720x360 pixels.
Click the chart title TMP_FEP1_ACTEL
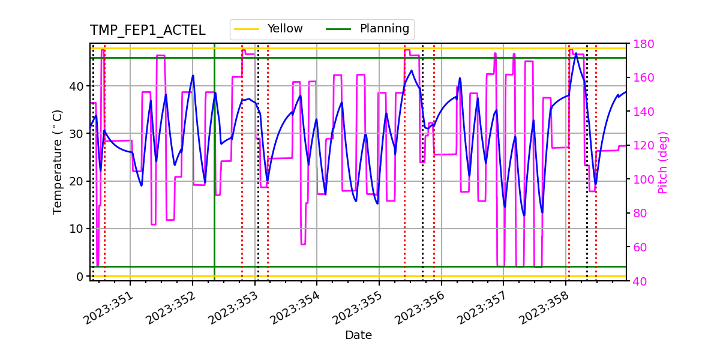coord(148,31)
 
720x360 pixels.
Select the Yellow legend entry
coord(285,29)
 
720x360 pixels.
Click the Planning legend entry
coord(384,29)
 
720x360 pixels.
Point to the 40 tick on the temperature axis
coord(77,86)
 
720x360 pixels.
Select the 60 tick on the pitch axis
coord(640,247)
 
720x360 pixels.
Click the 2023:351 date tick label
coord(109,308)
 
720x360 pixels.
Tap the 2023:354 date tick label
coord(296,308)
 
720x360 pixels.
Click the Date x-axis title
coord(358,335)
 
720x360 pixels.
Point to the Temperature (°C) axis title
coord(58,161)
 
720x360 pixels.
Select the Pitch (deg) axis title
coord(663,162)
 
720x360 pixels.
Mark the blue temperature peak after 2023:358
coord(576,53)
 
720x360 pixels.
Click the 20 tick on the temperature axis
coord(77,181)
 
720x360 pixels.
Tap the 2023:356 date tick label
coord(421,308)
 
